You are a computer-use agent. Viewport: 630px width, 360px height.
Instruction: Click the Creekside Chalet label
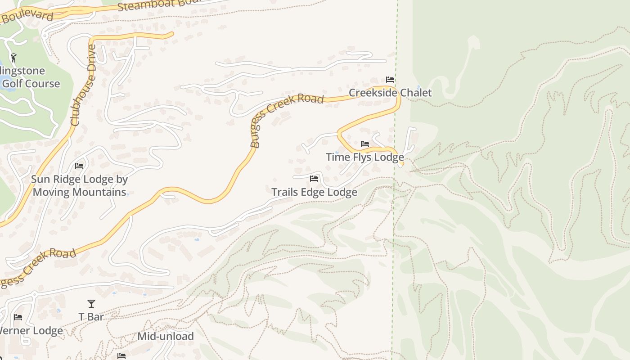390,93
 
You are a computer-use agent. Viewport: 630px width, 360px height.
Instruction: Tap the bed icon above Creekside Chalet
390,80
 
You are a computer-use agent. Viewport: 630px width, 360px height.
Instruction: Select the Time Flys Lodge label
364,157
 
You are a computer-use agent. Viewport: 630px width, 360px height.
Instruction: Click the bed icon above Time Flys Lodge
365,144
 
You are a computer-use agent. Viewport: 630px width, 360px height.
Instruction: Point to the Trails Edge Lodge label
314,192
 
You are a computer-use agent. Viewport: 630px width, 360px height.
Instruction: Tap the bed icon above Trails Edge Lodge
314,179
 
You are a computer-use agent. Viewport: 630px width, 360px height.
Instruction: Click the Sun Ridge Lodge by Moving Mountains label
79,185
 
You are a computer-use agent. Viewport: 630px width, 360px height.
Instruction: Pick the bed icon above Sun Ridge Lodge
79,166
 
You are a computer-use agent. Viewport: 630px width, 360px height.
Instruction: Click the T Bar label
91,317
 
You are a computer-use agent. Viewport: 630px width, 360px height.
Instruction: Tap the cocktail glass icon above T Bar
91,304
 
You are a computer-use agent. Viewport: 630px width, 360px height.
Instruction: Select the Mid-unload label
166,336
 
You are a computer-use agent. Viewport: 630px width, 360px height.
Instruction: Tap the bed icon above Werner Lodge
18,317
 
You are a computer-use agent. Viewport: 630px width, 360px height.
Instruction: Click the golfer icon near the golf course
13,57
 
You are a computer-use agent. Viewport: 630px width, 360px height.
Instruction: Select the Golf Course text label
31,83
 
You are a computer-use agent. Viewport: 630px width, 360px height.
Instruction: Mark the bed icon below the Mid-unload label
121,356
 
